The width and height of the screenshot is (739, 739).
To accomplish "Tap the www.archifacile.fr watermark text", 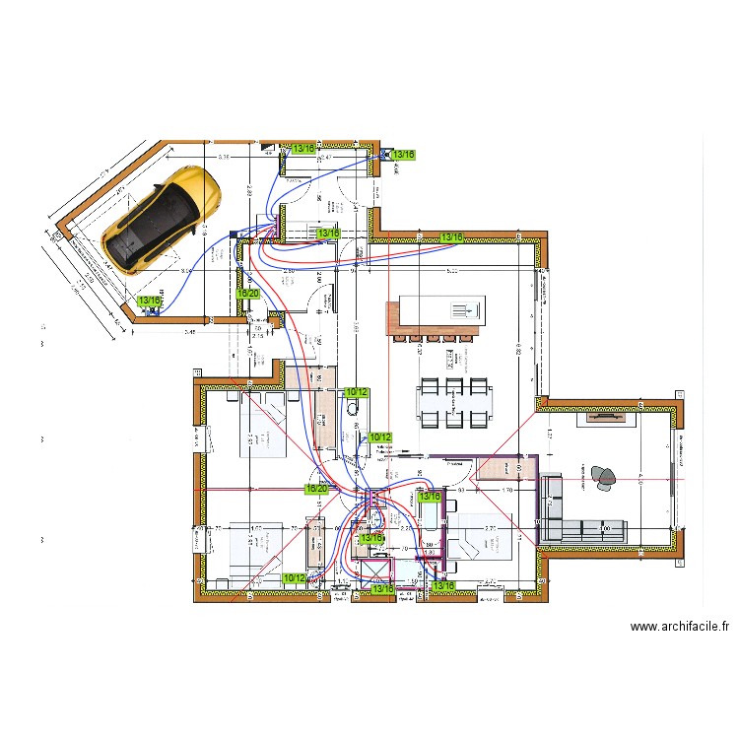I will point(680,626).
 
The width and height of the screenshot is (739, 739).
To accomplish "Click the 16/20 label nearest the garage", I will point(247,293).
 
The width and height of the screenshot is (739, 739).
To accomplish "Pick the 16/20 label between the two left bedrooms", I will point(316,488).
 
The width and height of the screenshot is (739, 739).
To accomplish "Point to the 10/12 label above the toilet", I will point(357,392).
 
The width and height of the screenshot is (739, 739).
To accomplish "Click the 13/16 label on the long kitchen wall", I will point(452,237).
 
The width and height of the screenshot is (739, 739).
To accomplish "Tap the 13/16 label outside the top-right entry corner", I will point(404,155).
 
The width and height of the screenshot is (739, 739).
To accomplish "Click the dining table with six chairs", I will point(454,402).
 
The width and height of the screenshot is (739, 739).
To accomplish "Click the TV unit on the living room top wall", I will point(608,416).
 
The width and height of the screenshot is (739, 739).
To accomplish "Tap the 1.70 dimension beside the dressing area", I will point(507,490).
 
